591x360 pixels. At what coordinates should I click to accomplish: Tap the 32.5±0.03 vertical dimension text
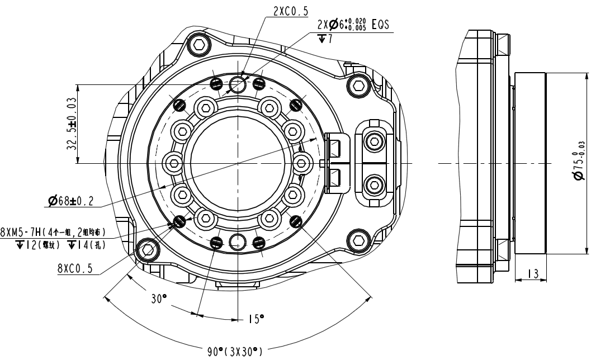point(71,124)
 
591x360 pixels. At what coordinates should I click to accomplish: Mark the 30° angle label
point(158,299)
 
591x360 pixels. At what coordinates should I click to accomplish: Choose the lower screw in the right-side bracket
point(373,183)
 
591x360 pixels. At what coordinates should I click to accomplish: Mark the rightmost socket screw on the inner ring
point(302,163)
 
